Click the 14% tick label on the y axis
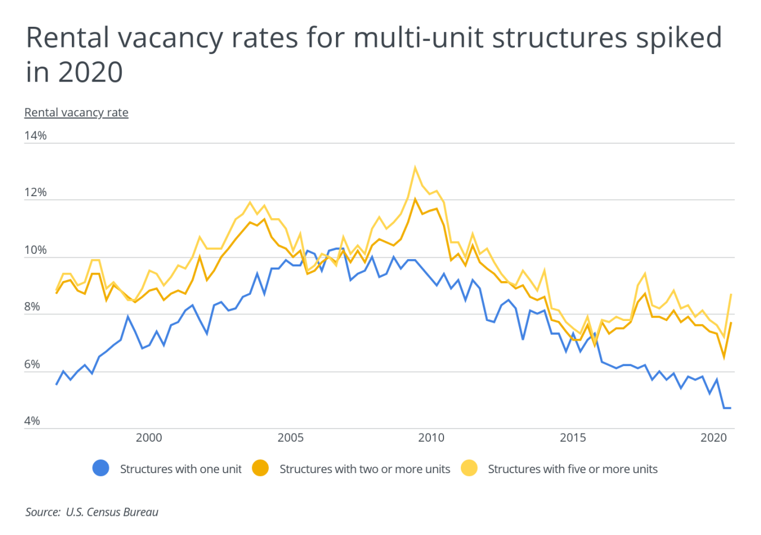[36, 136]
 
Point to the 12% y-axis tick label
[36, 193]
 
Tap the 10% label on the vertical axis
[36, 250]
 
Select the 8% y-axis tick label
[36, 307]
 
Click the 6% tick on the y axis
[36, 364]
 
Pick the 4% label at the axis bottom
[36, 421]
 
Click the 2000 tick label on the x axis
[149, 437]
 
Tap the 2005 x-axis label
[290, 437]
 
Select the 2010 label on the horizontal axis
[432, 437]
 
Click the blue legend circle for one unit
[102, 468]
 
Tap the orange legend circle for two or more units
[261, 468]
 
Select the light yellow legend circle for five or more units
[470, 468]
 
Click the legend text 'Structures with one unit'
[181, 469]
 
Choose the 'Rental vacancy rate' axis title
[76, 112]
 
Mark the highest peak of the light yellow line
[415, 167]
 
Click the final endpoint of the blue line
[729, 408]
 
